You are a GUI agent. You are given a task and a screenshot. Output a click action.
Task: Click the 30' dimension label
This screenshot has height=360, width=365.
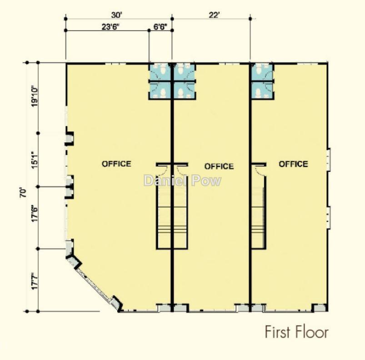(117, 15)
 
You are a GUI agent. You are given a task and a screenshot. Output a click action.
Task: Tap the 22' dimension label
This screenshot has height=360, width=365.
(214, 15)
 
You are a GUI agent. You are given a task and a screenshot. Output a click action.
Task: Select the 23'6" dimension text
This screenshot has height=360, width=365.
(110, 27)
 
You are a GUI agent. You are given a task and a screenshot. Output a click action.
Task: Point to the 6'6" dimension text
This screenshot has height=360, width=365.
(160, 27)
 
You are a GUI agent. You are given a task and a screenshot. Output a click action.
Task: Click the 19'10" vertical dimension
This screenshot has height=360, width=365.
(35, 97)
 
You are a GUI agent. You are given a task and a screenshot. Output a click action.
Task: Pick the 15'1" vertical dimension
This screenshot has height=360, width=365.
(35, 160)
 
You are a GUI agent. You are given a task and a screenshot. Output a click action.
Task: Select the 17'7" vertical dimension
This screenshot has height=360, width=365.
(35, 281)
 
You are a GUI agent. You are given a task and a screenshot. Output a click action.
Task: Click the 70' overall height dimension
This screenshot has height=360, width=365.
(23, 193)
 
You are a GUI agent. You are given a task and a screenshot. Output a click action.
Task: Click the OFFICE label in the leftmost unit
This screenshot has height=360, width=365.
(116, 164)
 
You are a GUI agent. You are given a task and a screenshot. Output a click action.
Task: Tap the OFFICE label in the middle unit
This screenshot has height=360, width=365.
(219, 166)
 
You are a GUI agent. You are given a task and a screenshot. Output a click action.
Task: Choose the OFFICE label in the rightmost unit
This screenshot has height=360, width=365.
(293, 164)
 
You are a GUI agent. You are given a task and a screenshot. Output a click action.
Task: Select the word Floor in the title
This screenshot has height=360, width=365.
(312, 332)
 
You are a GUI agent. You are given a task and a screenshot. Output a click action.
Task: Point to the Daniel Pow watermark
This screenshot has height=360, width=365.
(183, 180)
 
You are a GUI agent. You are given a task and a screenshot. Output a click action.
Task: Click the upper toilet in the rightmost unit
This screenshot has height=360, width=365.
(258, 70)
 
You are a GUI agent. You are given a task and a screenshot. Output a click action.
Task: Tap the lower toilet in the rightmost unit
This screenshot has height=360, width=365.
(258, 93)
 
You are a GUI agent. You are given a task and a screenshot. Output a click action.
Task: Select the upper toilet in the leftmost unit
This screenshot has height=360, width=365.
(163, 70)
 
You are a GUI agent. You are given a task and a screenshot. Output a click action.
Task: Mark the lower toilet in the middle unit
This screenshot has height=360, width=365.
(181, 93)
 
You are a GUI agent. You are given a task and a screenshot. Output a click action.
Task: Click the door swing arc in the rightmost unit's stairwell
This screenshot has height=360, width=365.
(259, 170)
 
